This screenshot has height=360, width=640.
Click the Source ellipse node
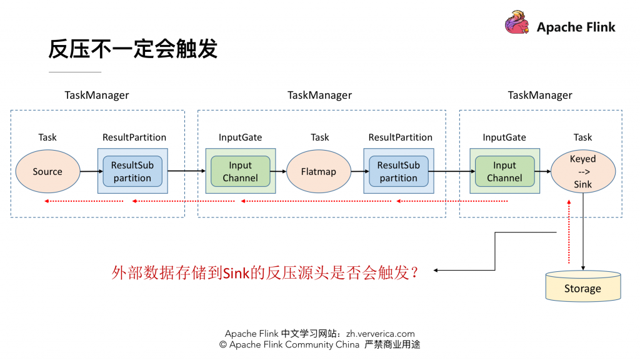[x=47, y=171]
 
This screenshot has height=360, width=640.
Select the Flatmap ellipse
[x=319, y=171]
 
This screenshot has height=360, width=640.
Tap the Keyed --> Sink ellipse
[x=582, y=172]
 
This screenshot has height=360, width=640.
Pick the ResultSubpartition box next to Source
[x=132, y=171]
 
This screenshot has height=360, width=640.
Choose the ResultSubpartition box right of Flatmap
[x=398, y=171]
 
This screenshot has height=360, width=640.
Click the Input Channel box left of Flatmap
[x=240, y=171]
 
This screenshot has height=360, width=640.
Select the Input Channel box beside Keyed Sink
[x=504, y=171]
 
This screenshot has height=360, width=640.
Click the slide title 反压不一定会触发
[x=132, y=49]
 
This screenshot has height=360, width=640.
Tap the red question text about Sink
[x=265, y=272]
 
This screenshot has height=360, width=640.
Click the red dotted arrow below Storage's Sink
[x=569, y=231]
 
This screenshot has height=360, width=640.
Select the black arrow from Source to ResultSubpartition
[x=89, y=171]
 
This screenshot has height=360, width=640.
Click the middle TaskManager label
[x=319, y=96]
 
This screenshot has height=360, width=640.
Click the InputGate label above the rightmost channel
[x=504, y=137]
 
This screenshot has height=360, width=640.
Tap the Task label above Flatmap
[x=319, y=137]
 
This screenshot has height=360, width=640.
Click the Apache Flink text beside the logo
[x=576, y=27]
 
